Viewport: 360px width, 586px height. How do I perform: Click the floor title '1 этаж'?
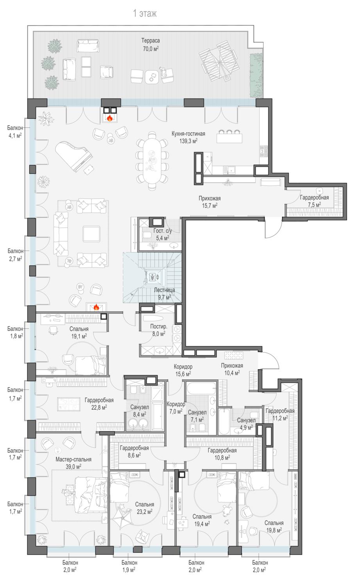[145, 13]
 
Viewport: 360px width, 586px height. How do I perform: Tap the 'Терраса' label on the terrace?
[150, 41]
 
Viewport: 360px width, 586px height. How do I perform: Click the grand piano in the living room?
[73, 156]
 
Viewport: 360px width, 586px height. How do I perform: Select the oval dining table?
[152, 161]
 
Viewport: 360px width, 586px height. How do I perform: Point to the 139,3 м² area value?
[188, 141]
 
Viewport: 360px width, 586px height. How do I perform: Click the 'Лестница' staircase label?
[164, 290]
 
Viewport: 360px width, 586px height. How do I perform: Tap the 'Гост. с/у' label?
[163, 231]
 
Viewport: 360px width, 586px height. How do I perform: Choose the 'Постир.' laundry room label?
[159, 327]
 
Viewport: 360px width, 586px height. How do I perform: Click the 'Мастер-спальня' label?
[73, 459]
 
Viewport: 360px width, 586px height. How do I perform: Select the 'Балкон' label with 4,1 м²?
[15, 128]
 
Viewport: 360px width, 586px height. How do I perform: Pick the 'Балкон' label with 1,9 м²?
[129, 563]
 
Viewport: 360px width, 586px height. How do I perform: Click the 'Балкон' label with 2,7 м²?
[16, 251]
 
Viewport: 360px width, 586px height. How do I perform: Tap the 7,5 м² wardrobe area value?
[314, 205]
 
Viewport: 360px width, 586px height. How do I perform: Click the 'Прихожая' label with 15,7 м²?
[210, 198]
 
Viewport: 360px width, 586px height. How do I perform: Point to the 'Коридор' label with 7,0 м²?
[176, 404]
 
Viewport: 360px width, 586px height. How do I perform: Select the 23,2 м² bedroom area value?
[145, 512]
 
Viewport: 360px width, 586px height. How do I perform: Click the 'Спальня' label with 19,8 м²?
[274, 523]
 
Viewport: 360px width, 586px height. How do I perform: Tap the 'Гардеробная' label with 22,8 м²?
[99, 400]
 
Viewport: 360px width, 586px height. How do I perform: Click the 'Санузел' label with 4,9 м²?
[246, 420]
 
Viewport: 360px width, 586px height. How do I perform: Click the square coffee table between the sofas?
[91, 234]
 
